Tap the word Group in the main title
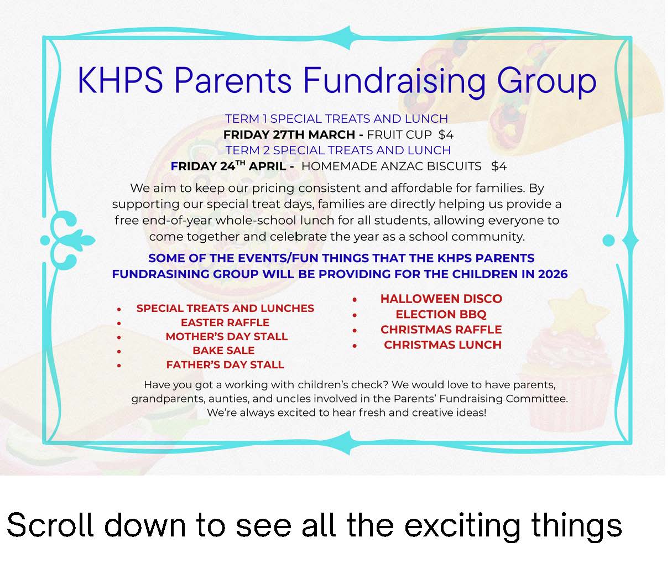546,82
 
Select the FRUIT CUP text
399,134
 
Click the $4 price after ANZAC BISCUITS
499,166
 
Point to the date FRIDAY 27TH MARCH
289,134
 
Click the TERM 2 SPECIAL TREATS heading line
338,150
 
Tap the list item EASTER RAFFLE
225,322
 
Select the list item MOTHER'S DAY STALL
227,337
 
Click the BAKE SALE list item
223,351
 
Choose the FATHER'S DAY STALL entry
225,365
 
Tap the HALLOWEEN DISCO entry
441,299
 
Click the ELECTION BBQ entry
441,315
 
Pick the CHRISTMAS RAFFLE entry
441,330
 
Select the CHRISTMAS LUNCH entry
443,345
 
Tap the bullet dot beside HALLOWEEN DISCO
355,300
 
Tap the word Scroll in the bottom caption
50,525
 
